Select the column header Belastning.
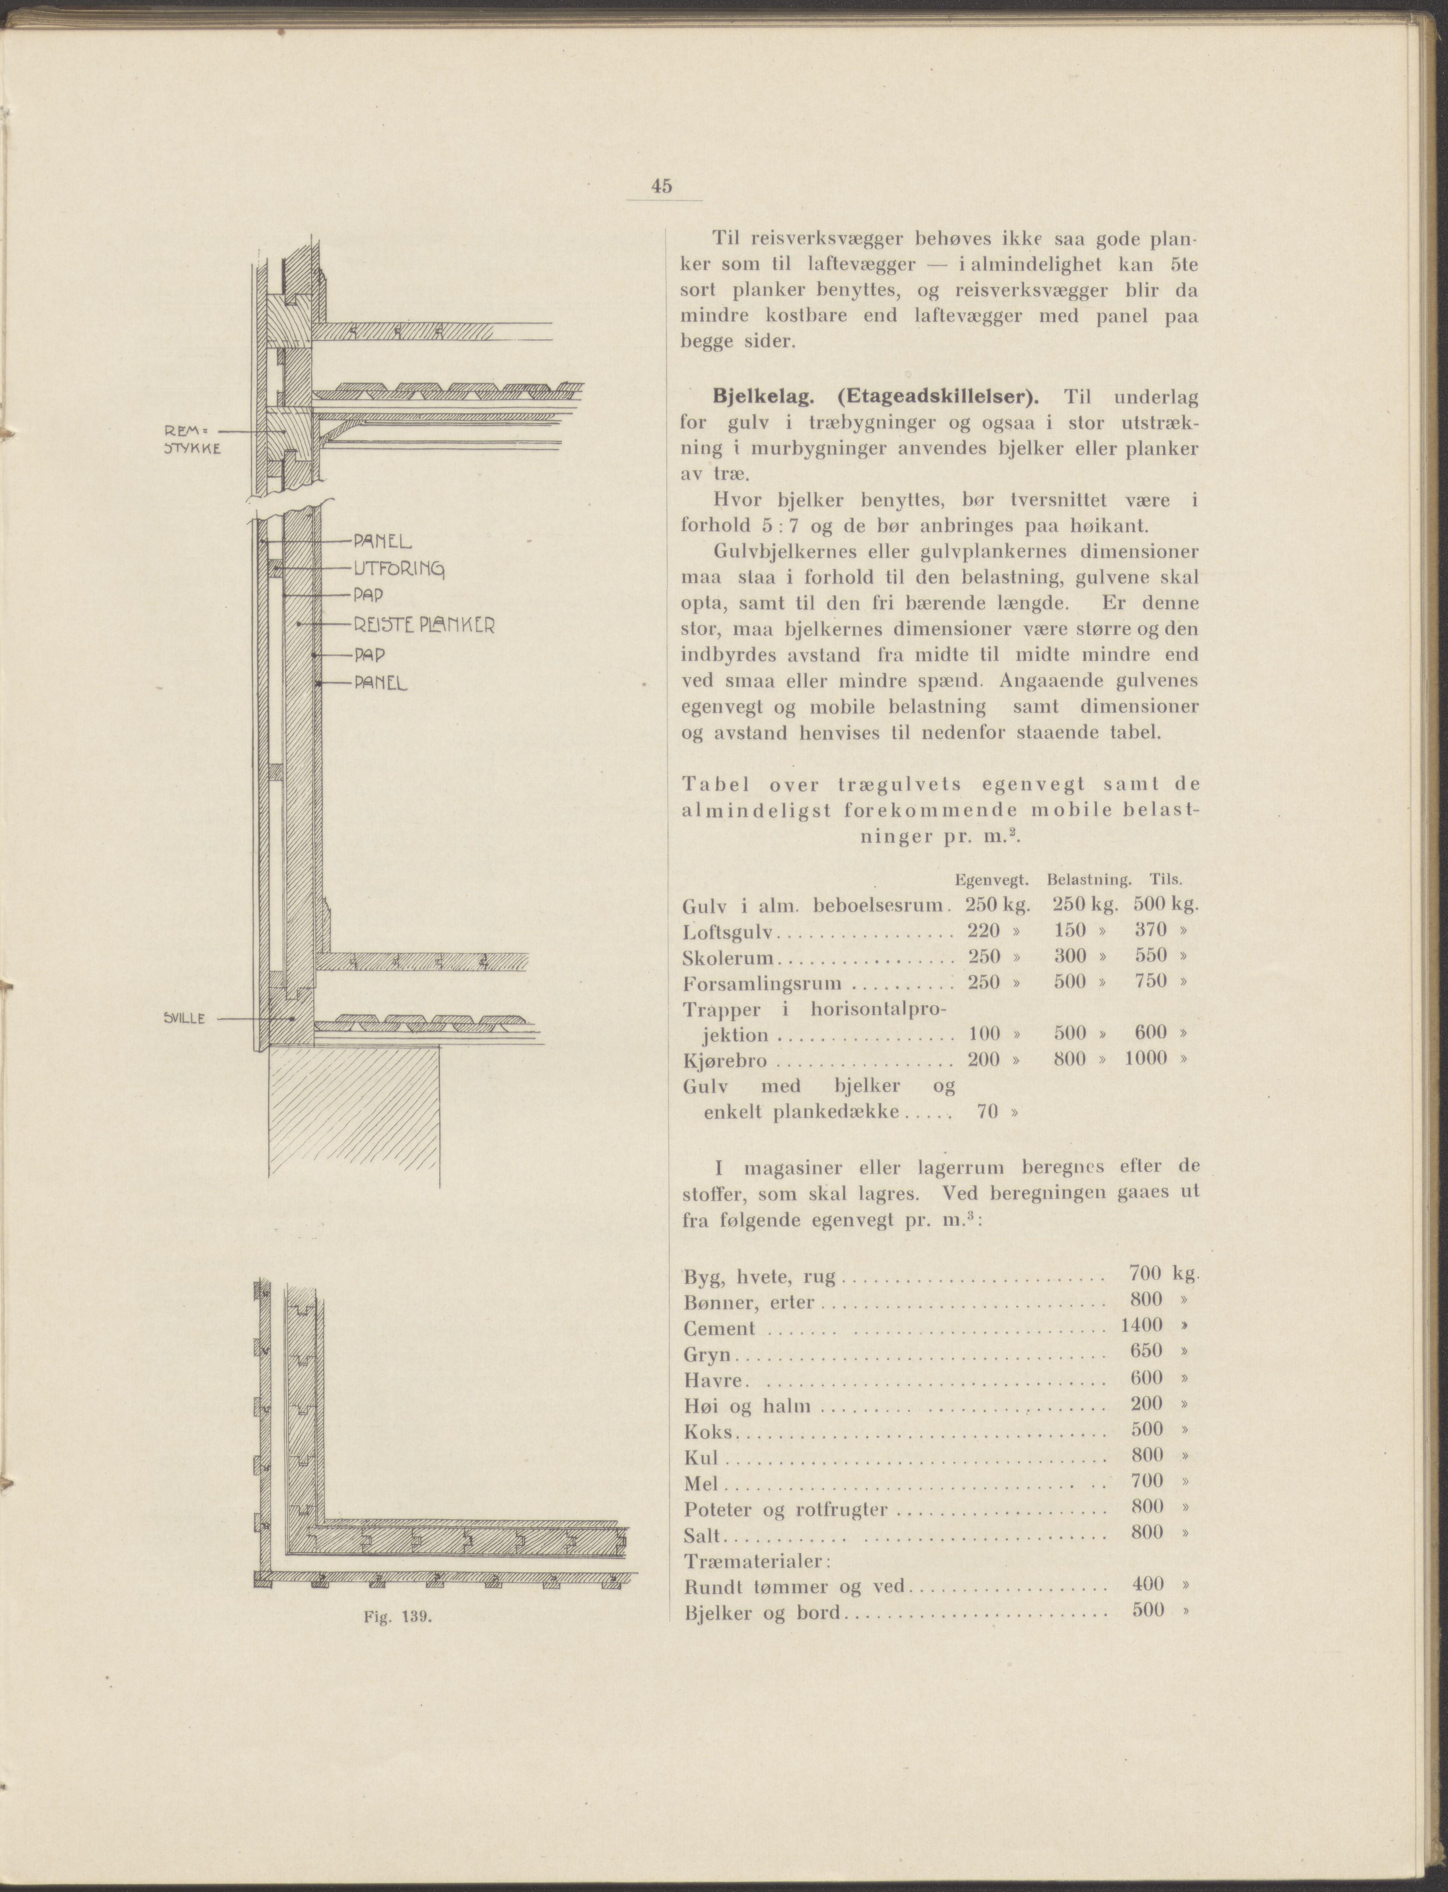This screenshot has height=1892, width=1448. click(1089, 880)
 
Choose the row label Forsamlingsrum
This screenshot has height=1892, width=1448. click(761, 983)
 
